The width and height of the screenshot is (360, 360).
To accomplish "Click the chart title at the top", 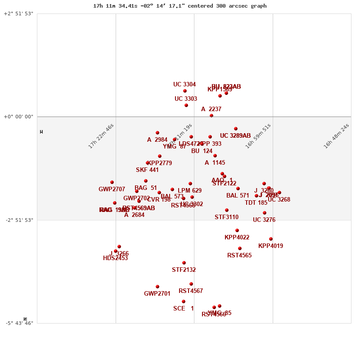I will (180, 6).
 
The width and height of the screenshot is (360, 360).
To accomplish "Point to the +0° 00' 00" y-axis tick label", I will (18, 117).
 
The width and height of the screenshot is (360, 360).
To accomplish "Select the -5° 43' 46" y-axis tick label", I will (18, 323).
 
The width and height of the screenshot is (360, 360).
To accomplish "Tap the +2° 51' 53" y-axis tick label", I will (18, 13).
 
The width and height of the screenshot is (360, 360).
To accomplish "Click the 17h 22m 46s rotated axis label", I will (101, 136).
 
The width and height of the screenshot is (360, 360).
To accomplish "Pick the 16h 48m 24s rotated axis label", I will (336, 136).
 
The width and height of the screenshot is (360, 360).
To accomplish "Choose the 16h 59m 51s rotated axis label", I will (258, 136).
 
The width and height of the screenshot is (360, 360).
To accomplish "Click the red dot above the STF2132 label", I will (184, 263).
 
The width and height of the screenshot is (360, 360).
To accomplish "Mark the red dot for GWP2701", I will (157, 287).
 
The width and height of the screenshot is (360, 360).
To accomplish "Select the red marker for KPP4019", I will (271, 239).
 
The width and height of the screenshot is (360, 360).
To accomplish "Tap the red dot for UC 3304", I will (185, 91).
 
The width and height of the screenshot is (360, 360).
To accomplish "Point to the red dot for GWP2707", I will (112, 182).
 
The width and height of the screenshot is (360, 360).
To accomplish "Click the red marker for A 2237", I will (211, 116).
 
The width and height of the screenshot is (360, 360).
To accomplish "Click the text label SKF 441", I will (147, 170).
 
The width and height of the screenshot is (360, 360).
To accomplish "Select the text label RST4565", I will (239, 256).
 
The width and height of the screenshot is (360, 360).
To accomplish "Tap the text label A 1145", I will (215, 163).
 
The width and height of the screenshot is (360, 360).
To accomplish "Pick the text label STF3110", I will (226, 217).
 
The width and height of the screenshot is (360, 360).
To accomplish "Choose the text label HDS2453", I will (115, 258).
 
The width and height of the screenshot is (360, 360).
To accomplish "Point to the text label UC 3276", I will (264, 220).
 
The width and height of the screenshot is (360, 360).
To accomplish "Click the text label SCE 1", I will (184, 309).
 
